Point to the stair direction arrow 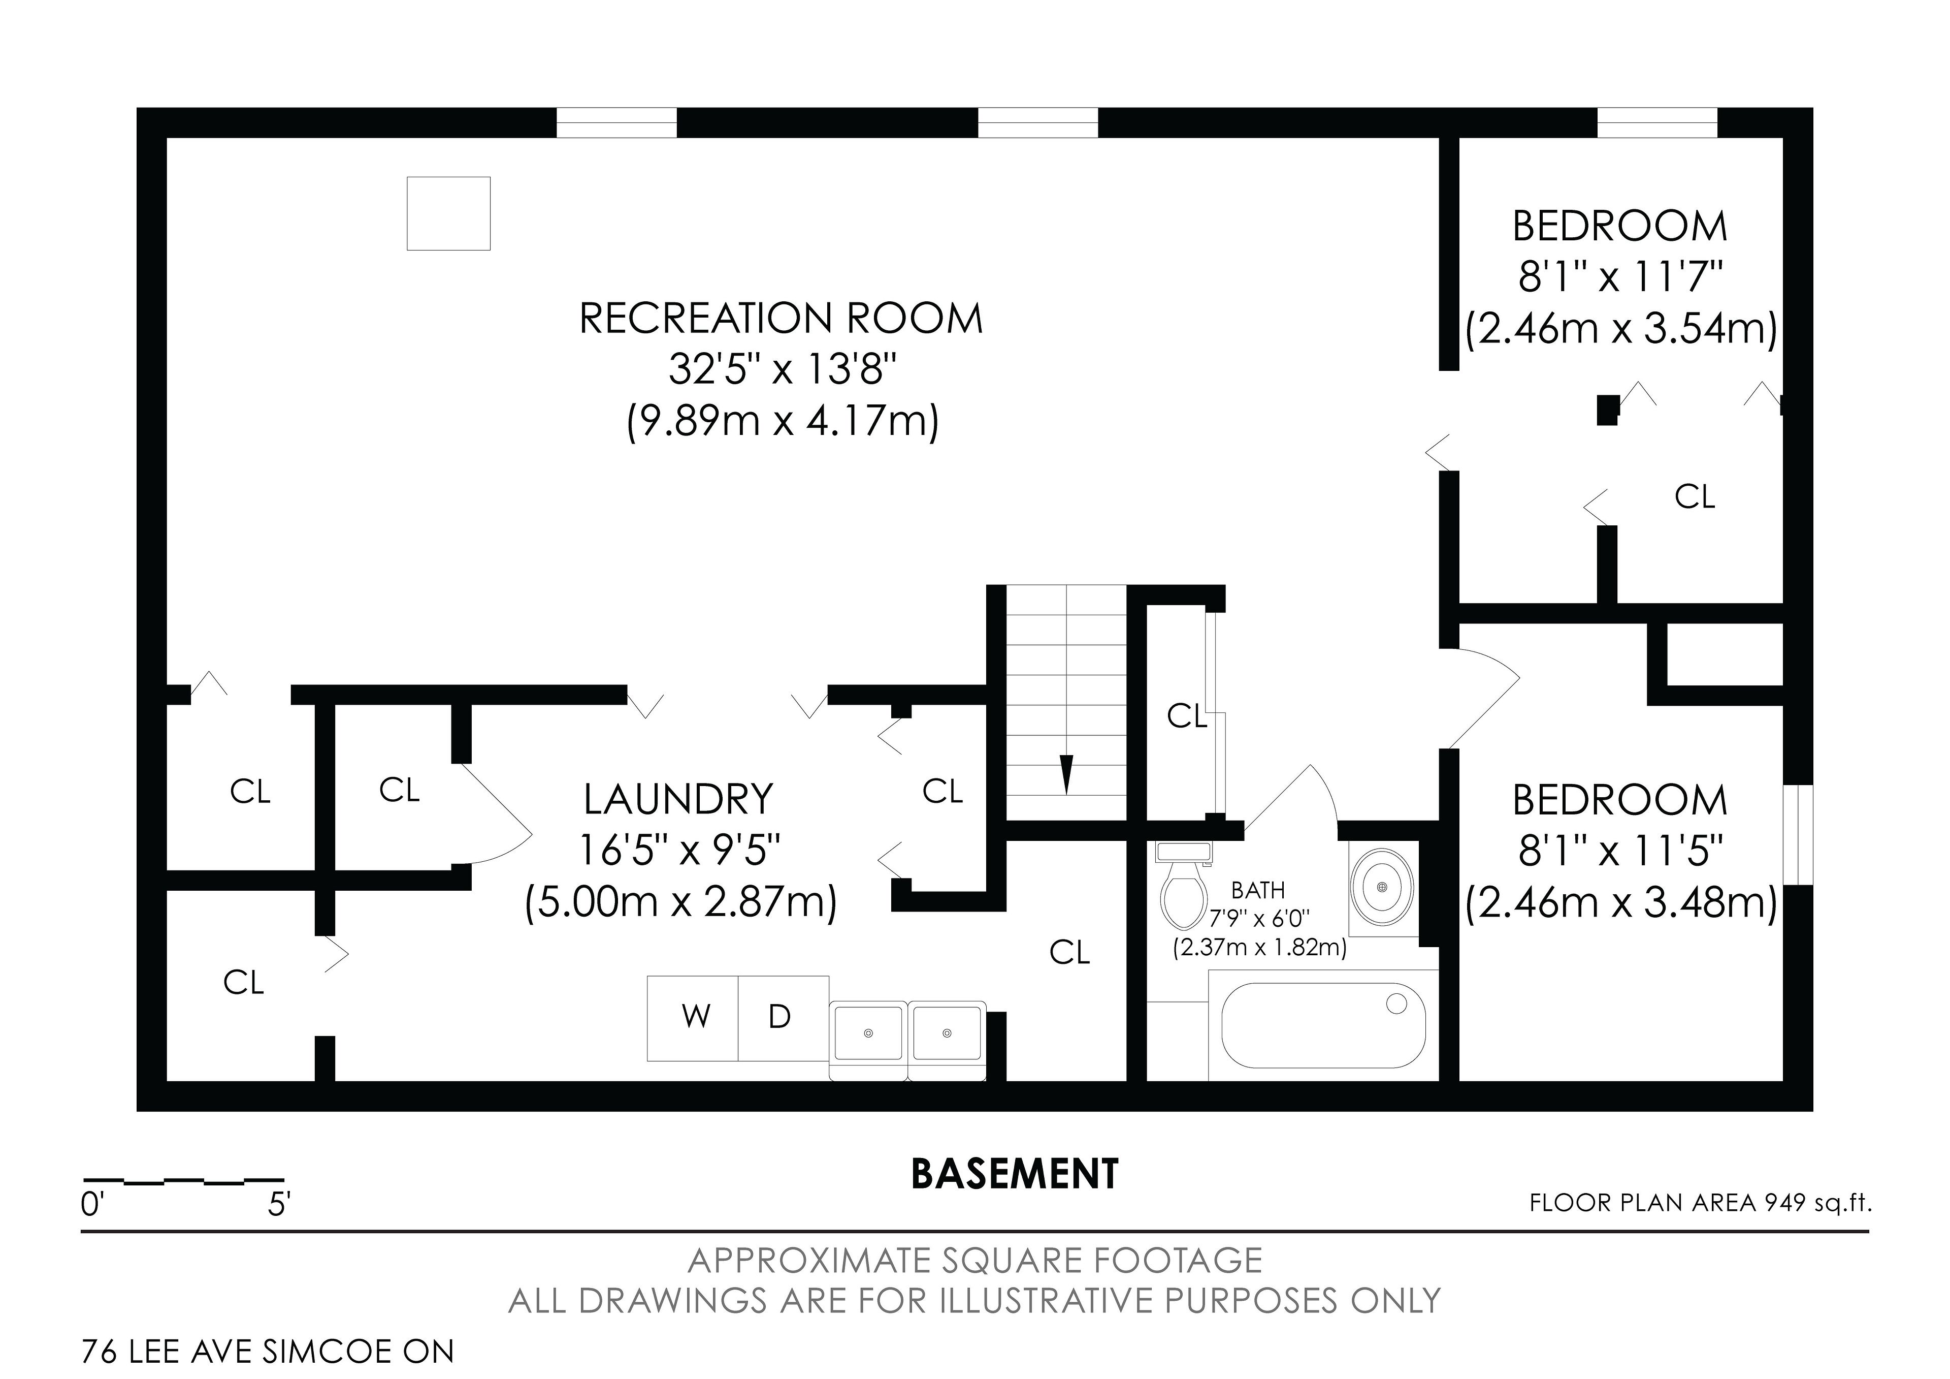pyautogui.click(x=1067, y=773)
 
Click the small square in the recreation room pyautogui.click(x=448, y=213)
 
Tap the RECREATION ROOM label pyautogui.click(x=782, y=319)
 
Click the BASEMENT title pyautogui.click(x=1015, y=1174)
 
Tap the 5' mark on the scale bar pyautogui.click(x=279, y=1205)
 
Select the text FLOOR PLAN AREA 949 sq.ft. pyautogui.click(x=1700, y=1203)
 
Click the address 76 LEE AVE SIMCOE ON pyautogui.click(x=268, y=1351)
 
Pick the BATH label pyautogui.click(x=1258, y=890)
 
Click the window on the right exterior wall pyautogui.click(x=1798, y=835)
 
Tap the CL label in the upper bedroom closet pyautogui.click(x=1695, y=497)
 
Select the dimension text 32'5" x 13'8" pyautogui.click(x=782, y=369)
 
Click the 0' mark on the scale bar pyautogui.click(x=92, y=1205)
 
